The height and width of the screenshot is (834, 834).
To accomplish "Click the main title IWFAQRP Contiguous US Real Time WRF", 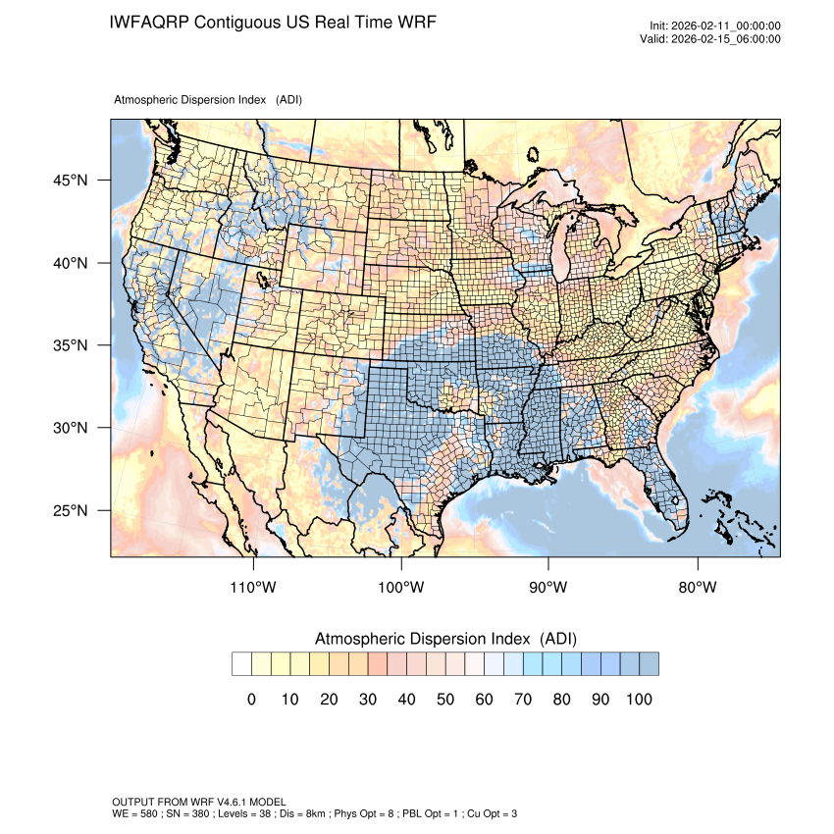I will [273, 22].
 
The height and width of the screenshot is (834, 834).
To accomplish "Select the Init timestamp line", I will [715, 26].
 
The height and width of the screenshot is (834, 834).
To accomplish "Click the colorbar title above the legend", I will [445, 639].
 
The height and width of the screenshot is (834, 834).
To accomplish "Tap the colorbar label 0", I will [251, 699].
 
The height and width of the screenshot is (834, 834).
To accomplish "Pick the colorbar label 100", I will [638, 699].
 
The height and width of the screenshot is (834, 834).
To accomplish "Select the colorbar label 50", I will [444, 699].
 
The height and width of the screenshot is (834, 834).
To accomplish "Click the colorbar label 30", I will [367, 699].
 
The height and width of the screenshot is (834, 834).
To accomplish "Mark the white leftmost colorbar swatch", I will [241, 664].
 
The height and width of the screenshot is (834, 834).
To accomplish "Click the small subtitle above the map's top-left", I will [208, 100].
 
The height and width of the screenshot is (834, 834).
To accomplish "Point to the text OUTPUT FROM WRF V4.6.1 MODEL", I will [199, 802].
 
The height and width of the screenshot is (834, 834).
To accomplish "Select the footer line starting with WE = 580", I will [315, 813].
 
